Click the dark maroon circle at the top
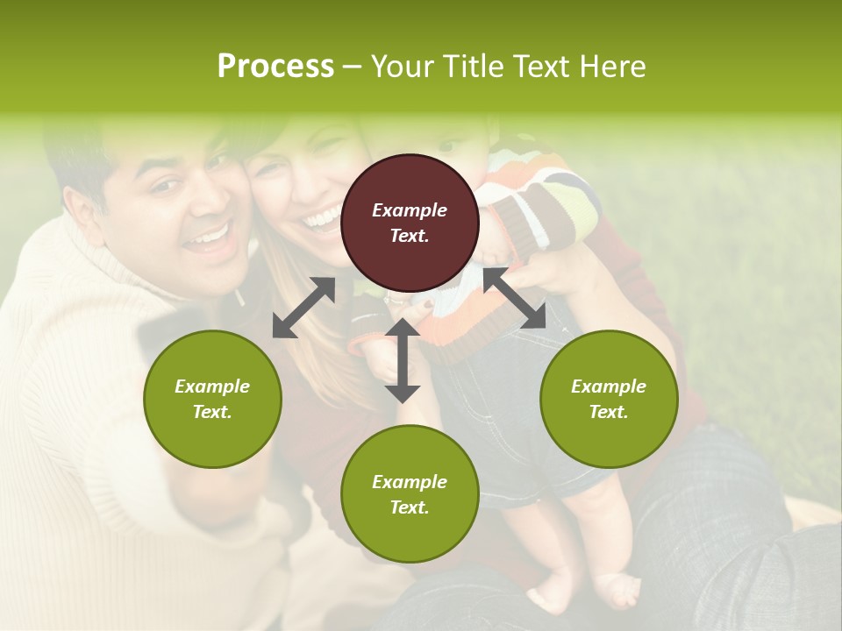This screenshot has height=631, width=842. (x=410, y=223)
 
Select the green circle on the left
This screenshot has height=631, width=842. (x=212, y=399)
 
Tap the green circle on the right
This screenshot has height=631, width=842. (x=609, y=399)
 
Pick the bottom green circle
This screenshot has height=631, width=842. (x=410, y=494)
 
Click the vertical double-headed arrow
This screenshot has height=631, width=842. (x=403, y=360)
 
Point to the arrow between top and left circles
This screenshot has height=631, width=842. (x=303, y=307)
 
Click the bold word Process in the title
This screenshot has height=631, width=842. (x=275, y=67)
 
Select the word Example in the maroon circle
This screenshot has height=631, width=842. (x=410, y=210)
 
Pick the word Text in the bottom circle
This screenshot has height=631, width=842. (x=408, y=507)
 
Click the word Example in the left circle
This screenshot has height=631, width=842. (x=212, y=386)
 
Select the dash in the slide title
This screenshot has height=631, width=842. (x=353, y=67)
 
